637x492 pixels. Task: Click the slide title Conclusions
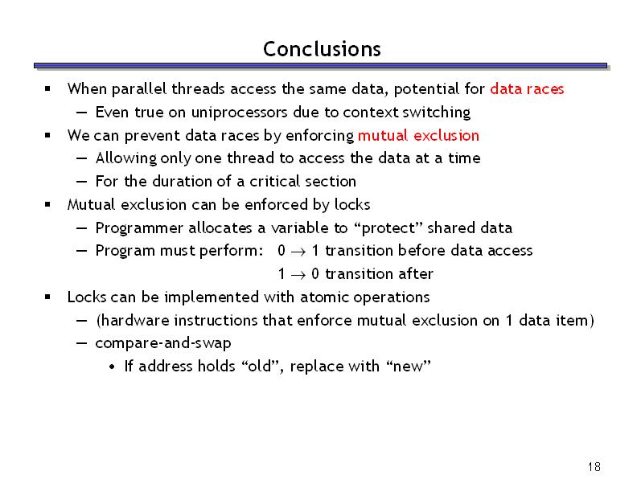coord(322,49)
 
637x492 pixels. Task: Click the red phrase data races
coord(527,88)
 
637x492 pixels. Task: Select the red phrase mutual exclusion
coord(418,135)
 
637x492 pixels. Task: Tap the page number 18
coord(594,467)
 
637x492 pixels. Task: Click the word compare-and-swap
coord(163,343)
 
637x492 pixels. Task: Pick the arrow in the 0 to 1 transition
coord(298,252)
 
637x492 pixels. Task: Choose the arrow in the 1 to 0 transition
coord(298,275)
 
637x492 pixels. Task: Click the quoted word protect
coord(388,228)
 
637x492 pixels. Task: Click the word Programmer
coord(139,228)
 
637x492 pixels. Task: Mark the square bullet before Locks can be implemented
coord(47,297)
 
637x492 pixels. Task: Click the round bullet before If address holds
coord(112,367)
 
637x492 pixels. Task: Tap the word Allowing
coord(126,158)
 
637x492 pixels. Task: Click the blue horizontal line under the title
coord(321,66)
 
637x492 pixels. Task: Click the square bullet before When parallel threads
coord(47,88)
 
